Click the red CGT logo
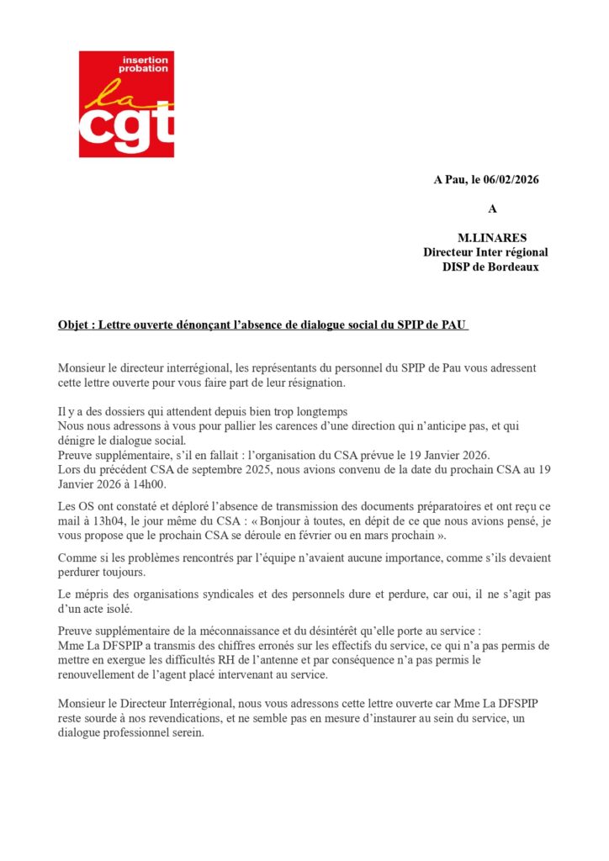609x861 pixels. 126,104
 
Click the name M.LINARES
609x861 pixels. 492,238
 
